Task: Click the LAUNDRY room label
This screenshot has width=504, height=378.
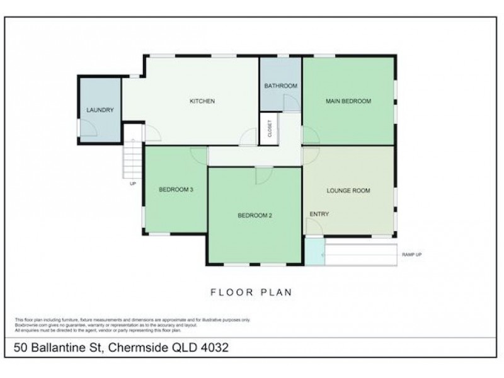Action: coord(100,110)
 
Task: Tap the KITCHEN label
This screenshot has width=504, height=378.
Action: coord(203,101)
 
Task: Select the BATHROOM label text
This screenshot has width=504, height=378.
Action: coord(280,86)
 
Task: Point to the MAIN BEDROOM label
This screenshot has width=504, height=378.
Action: coord(348,101)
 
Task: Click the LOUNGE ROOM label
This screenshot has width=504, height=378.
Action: coord(348,190)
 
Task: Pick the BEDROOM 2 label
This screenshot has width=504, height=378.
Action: coord(255,215)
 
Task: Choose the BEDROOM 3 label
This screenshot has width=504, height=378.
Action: coord(175,190)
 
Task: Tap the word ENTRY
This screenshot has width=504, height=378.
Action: coord(319,214)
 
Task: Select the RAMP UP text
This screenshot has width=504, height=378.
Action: coord(412,255)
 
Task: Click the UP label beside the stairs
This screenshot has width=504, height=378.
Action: coord(132,184)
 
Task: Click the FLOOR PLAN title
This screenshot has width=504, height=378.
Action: coord(251,292)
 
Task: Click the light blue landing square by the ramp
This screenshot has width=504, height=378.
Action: coord(313,252)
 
